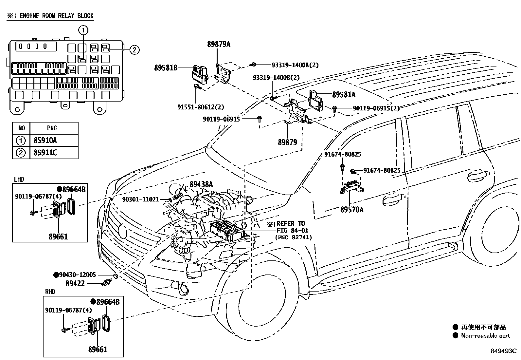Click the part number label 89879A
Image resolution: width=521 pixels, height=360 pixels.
219,44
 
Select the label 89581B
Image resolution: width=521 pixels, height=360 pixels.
166,68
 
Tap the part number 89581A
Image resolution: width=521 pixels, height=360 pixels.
344,95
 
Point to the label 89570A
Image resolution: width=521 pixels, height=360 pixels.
352,209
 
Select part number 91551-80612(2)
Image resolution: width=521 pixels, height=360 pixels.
201,107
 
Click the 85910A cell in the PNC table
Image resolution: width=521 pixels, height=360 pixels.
45,141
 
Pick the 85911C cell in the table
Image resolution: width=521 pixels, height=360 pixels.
45,153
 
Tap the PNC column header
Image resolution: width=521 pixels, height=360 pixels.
52,128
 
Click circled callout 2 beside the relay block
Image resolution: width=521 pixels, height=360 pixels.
135,50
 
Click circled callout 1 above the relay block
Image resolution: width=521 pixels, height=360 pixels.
83,30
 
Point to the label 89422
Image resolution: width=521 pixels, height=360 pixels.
75,284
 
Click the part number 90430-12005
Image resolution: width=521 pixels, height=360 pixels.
77,275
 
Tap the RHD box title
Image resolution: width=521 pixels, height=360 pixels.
50,292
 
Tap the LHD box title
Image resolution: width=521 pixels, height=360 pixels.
19,180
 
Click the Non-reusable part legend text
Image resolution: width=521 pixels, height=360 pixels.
485,335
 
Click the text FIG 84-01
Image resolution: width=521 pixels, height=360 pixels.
292,231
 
